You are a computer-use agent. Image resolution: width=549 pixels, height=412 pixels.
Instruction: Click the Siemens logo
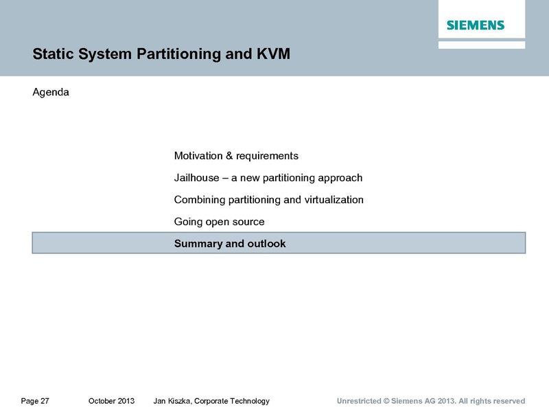tap(476, 25)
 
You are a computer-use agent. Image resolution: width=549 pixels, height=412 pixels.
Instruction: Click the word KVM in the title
tap(273, 54)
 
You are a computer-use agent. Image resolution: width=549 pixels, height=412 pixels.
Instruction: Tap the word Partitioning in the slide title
tap(178, 55)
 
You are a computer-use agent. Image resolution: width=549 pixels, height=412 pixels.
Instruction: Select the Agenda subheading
tap(51, 93)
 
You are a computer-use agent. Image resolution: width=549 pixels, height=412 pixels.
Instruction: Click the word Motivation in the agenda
tap(198, 156)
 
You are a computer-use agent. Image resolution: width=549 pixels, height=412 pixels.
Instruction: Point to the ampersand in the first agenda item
tap(229, 156)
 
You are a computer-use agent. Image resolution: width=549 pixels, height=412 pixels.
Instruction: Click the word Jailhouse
tap(197, 178)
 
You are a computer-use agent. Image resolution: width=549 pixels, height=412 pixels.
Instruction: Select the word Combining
tap(200, 200)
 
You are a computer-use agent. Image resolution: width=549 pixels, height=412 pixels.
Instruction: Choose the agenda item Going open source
tap(219, 222)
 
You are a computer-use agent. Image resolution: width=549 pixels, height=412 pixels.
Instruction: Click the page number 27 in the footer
tap(45, 401)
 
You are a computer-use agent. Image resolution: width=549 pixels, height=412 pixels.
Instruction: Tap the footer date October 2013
tap(111, 401)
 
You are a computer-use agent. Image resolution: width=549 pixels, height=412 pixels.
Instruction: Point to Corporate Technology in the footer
tap(232, 401)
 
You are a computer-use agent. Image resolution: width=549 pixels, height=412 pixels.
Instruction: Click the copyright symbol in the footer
tap(386, 401)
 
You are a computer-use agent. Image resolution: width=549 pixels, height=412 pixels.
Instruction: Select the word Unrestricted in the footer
tap(359, 401)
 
